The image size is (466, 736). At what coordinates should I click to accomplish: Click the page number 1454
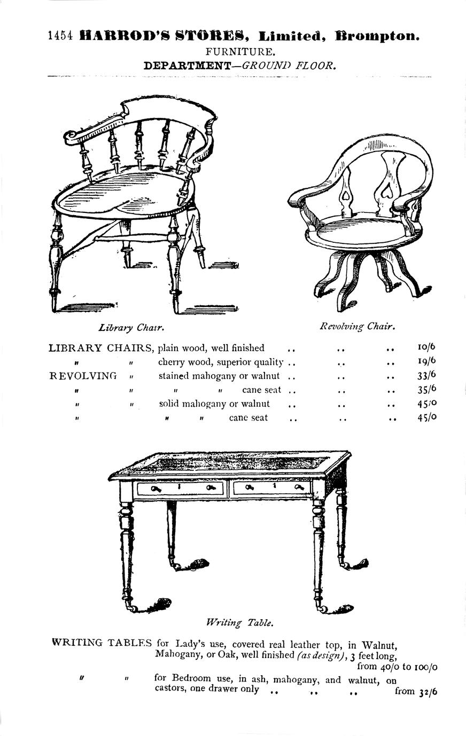(60, 36)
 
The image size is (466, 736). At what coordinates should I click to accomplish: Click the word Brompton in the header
(377, 36)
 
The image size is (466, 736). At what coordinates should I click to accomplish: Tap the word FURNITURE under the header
(240, 52)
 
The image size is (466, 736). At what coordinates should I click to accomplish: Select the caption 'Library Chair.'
(131, 327)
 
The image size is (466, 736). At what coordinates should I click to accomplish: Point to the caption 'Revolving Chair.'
(357, 326)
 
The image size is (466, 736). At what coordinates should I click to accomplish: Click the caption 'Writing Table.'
(240, 622)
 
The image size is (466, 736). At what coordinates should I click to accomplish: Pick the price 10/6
(426, 347)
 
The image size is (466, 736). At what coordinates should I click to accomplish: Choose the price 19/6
(426, 361)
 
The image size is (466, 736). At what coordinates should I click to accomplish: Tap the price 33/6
(426, 375)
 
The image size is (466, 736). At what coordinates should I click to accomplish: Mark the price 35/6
(426, 389)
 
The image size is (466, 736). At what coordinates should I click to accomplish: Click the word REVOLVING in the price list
(83, 376)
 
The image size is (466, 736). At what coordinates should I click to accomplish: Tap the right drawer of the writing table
(272, 488)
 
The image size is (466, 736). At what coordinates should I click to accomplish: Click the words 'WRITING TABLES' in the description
(102, 642)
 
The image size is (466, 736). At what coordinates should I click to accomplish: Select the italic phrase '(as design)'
(320, 655)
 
